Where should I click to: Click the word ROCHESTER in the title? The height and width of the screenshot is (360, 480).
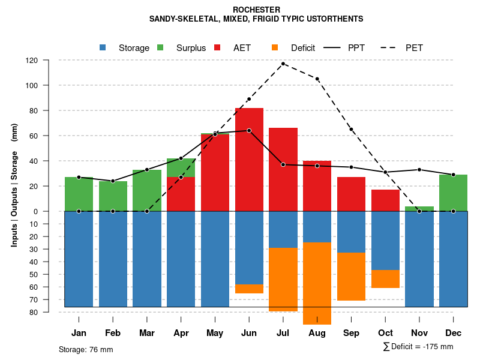pos(256,10)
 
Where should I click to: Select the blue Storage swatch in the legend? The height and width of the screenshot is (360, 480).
pos(103,48)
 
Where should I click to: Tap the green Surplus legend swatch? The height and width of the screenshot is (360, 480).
pos(160,48)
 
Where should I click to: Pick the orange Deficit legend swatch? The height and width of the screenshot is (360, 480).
pos(275,48)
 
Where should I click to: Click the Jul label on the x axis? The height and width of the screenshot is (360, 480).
pos(283,333)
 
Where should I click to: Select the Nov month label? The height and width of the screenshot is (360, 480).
pos(419,333)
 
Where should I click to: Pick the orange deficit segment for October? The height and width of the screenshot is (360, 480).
pos(386,279)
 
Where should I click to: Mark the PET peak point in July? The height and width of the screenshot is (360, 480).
pos(283,64)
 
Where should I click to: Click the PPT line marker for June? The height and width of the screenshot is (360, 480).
pos(249,130)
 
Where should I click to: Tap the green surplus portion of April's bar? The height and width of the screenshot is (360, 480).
pos(181,167)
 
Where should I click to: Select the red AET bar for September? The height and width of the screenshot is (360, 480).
pos(352,194)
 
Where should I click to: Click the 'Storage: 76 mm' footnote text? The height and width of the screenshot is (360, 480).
pos(86,349)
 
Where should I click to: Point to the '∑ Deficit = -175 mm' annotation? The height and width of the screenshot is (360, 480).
pos(418,347)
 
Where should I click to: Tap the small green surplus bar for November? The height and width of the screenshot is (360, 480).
pos(419,209)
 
